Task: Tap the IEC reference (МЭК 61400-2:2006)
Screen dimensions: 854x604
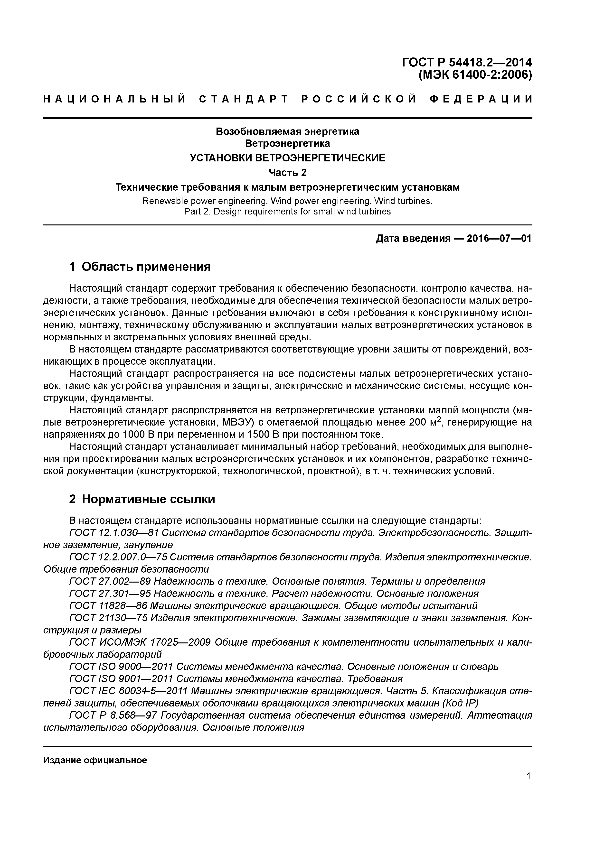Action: (x=475, y=75)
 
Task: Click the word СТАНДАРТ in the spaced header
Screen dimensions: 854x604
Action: (x=244, y=99)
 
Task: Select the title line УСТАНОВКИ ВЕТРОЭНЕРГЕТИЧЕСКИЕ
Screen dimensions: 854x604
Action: (x=288, y=158)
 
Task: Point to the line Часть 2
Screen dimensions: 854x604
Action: (x=288, y=173)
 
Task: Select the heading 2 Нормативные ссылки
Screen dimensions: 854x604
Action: (x=142, y=499)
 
